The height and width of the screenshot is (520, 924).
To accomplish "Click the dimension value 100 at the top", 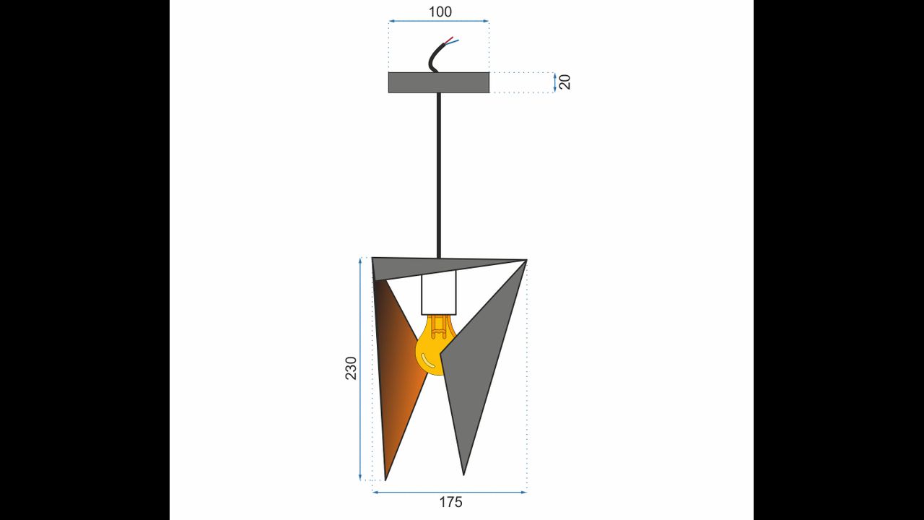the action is point(440,12).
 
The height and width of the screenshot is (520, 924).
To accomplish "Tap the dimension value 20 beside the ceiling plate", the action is point(565,82).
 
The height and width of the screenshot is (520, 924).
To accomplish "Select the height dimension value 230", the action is point(351,368).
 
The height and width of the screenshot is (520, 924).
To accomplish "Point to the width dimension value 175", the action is point(450,502).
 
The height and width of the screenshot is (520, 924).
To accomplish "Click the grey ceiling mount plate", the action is point(439,82).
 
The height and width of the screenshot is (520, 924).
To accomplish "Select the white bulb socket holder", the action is point(439,292).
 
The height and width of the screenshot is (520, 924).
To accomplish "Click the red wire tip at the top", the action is point(452,37).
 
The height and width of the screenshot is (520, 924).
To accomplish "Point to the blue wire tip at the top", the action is point(458,40).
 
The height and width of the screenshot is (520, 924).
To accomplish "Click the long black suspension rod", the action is point(438,175).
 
